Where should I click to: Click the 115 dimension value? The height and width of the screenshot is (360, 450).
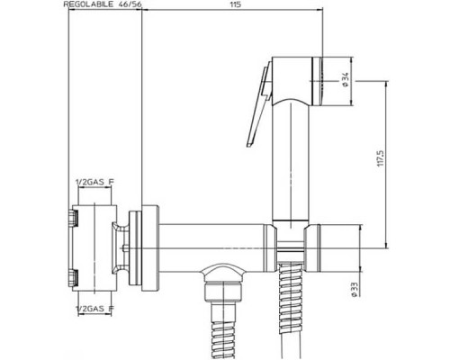(x=236, y=4)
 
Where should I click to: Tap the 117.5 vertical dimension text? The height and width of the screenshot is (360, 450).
(x=380, y=158)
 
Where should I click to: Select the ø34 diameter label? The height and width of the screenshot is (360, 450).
(x=345, y=80)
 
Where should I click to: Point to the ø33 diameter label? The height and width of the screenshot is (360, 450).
(x=354, y=290)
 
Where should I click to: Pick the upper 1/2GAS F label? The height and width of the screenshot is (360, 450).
(x=94, y=182)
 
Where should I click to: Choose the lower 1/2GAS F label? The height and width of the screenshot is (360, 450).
(x=94, y=308)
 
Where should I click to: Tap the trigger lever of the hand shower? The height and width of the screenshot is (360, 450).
(x=258, y=105)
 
